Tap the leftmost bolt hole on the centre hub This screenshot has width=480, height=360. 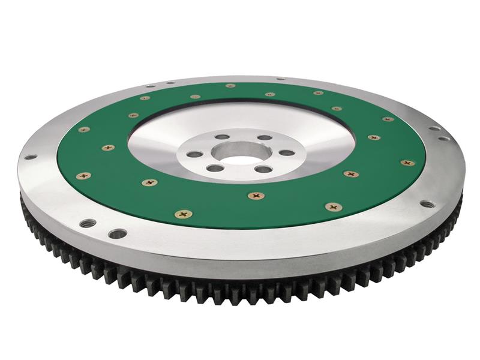point(194,154)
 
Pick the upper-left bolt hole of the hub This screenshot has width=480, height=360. point(222,137)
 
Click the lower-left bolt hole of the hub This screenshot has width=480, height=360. point(215,169)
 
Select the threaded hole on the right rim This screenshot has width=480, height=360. point(427,204)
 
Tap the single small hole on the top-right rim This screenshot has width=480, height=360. point(280,79)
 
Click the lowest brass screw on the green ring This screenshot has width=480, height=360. point(183,214)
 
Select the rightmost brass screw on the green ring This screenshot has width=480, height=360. point(407,163)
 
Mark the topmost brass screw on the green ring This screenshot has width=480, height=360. point(230,86)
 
